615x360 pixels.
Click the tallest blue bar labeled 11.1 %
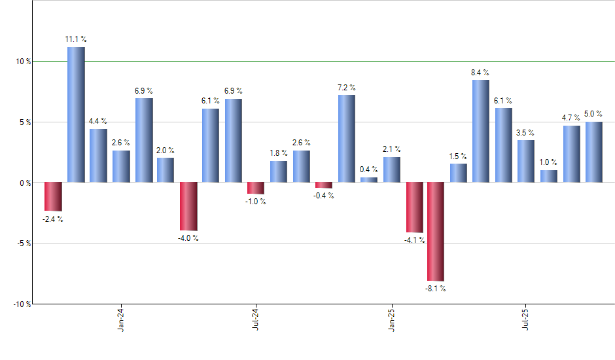76,115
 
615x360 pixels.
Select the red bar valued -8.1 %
436,232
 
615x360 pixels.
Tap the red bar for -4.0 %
188,206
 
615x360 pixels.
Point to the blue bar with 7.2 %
347,139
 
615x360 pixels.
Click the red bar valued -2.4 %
53,196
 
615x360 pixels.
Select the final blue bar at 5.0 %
594,152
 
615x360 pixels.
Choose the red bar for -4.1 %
414,207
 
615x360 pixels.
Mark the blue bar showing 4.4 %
98,156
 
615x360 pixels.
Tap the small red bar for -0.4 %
324,185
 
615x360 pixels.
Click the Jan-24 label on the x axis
121,319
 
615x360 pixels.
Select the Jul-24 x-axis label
256,319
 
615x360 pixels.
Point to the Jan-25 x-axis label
392,319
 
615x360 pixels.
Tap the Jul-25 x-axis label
527,319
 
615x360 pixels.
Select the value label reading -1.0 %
256,202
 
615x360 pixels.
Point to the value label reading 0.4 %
369,170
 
